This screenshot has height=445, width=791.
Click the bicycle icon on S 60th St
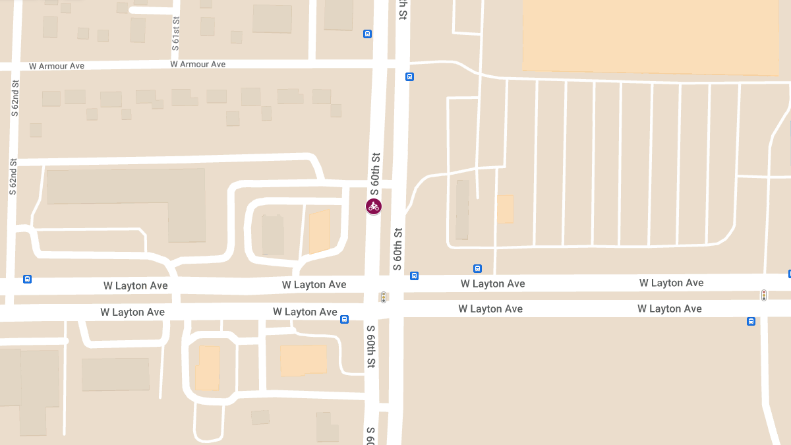click(374, 206)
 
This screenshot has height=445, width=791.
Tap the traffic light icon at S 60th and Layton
click(383, 297)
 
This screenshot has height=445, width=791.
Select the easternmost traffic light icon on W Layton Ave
click(764, 295)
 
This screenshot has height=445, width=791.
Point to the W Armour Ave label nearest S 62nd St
click(57, 66)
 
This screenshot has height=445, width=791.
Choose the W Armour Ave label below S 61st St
click(198, 65)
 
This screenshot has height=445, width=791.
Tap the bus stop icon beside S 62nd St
click(28, 279)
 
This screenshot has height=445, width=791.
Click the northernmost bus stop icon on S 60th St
click(368, 34)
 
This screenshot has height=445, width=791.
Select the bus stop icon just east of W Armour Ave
click(409, 76)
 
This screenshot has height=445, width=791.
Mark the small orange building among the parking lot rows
click(506, 208)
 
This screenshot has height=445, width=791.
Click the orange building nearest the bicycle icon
click(320, 231)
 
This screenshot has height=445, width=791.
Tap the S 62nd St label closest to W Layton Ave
click(13, 176)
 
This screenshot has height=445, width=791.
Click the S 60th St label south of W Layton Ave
click(371, 346)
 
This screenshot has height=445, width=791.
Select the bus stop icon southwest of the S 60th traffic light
click(344, 320)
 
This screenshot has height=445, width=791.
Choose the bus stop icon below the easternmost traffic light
click(751, 322)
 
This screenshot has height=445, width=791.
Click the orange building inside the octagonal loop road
click(208, 368)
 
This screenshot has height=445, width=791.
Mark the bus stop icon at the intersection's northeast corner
click(414, 276)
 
